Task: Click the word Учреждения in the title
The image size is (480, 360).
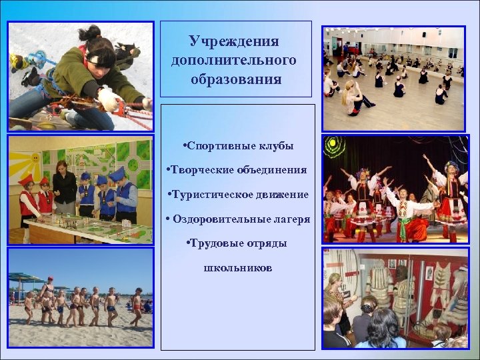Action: (233, 41)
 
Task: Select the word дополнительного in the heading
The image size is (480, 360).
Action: (233, 61)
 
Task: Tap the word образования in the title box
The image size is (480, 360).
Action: (234, 79)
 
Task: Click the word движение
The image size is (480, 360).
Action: (285, 195)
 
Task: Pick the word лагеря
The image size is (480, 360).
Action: (291, 219)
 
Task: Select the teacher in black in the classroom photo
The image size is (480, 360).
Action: (65, 187)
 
